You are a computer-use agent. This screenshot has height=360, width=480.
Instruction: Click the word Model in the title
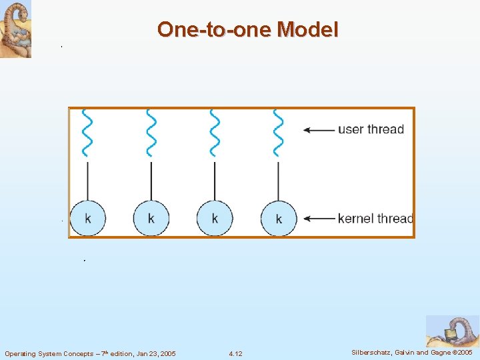[307, 29]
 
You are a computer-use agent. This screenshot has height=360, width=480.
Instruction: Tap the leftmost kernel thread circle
[87, 218]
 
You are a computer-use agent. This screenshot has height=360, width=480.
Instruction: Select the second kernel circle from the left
[151, 218]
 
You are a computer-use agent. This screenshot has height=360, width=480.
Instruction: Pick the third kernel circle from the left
[215, 218]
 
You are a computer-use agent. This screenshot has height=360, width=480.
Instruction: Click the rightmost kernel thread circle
[278, 218]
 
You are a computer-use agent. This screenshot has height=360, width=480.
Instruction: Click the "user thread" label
[371, 129]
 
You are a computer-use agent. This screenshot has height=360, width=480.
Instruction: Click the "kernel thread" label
[375, 218]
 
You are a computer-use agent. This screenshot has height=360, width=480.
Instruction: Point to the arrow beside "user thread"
[319, 130]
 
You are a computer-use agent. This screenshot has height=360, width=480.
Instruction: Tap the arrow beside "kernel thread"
[319, 218]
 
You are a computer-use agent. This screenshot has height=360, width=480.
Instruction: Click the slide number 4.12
[235, 353]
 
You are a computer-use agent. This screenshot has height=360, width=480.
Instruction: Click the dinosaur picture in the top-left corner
[15, 29]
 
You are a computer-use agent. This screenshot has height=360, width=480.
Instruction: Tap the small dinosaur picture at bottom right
[452, 331]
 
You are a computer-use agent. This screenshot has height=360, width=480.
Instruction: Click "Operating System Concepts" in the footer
[49, 353]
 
